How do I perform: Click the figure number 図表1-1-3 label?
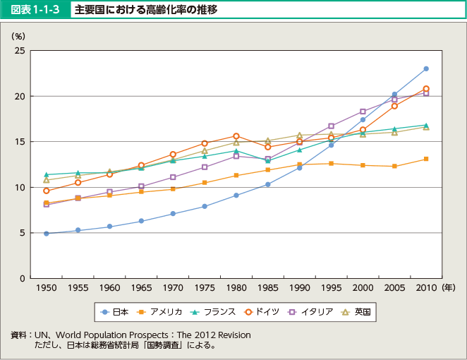36,10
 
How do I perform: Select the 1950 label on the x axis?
46,288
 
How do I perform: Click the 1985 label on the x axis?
268,288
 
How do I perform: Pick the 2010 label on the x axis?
426,288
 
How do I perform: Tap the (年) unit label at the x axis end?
449,288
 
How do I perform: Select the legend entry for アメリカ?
161,311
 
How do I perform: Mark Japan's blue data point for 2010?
426,69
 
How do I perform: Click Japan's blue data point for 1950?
46,233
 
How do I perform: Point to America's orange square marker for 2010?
426,159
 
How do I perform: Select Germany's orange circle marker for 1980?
236,136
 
